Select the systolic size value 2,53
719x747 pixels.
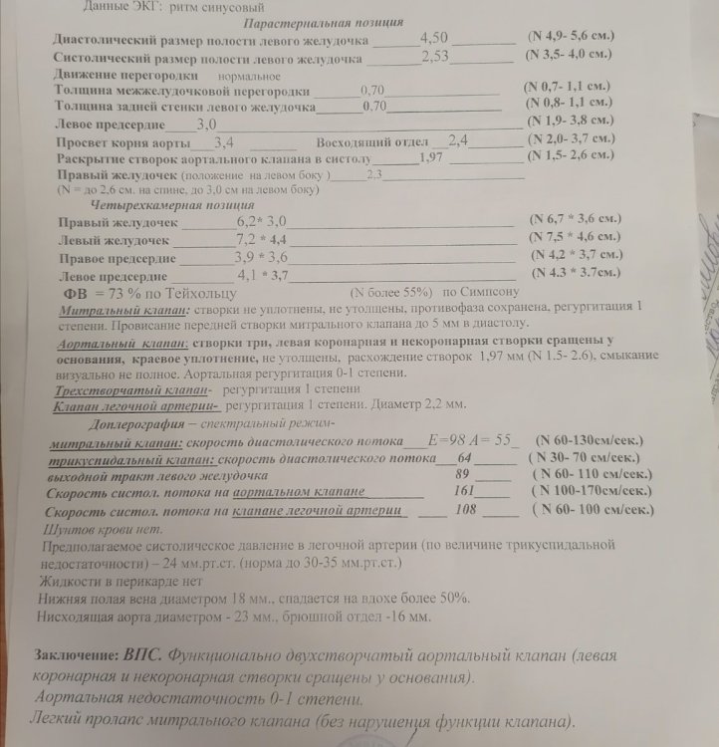[436, 57]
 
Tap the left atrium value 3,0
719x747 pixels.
[206, 124]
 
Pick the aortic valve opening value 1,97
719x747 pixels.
[431, 157]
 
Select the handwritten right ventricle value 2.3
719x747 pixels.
[374, 174]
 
